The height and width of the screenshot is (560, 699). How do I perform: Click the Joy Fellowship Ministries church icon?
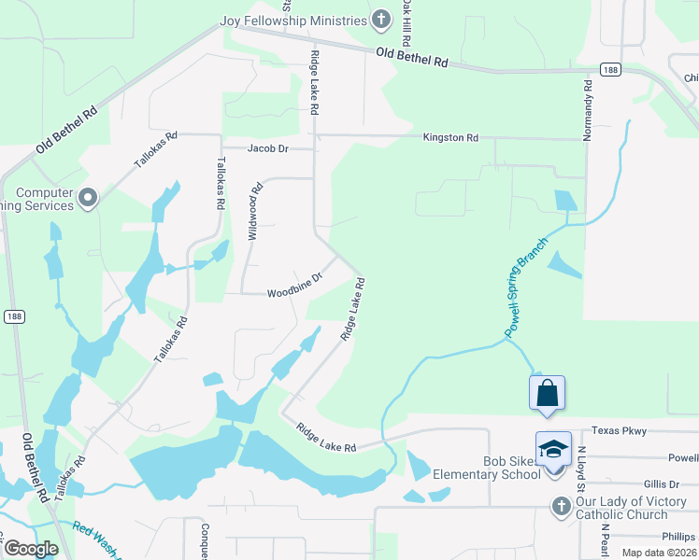pyautogui.click(x=381, y=20)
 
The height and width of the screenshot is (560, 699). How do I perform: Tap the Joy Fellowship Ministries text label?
pyautogui.click(x=292, y=21)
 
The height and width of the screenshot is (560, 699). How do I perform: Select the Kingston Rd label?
pyautogui.click(x=450, y=137)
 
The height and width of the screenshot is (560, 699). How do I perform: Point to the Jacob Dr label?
pyautogui.click(x=267, y=148)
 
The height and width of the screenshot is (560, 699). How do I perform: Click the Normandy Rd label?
pyautogui.click(x=588, y=111)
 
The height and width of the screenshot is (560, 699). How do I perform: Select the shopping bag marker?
pyautogui.click(x=548, y=392)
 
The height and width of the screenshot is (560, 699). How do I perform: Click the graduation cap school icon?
pyautogui.click(x=553, y=450)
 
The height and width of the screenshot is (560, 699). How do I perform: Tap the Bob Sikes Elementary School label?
pyautogui.click(x=486, y=468)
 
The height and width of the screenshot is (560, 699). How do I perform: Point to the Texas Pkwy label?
pyautogui.click(x=619, y=430)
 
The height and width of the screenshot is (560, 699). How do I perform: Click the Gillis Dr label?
pyautogui.click(x=662, y=483)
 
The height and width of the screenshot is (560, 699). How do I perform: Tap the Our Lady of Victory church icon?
pyautogui.click(x=561, y=506)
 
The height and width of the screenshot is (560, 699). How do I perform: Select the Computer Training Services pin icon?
pyautogui.click(x=89, y=198)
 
